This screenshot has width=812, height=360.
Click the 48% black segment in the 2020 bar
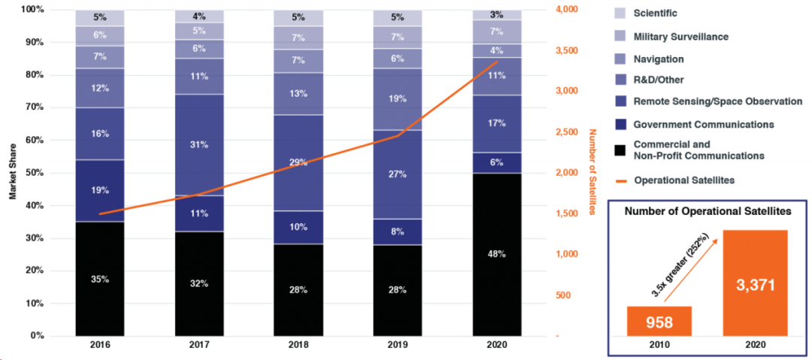pos(497,254)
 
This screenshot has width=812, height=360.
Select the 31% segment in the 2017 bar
pos(199,145)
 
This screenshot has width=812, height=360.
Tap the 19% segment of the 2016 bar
pos(100,191)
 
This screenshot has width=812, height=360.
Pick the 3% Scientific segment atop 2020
pos(497,15)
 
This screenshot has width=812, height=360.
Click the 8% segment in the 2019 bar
pos(398,232)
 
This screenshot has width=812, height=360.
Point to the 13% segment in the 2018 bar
pos(298,94)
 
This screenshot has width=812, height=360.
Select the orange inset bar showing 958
pos(659,321)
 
